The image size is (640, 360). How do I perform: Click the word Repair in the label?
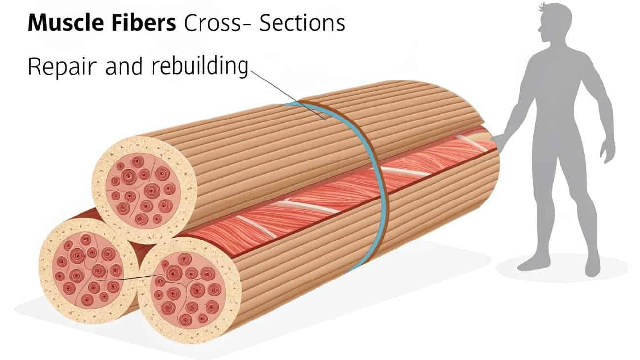point(59,67)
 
